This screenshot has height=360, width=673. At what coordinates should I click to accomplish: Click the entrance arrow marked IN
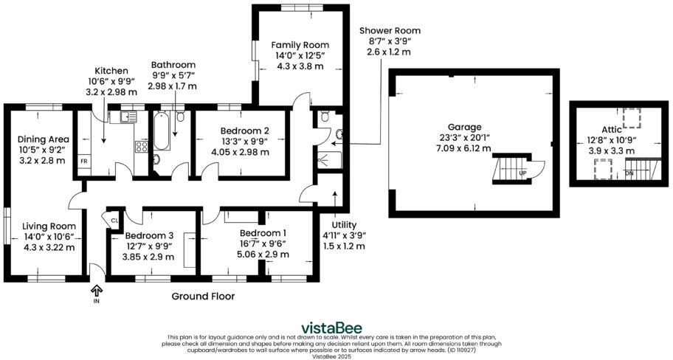click(x=96, y=293)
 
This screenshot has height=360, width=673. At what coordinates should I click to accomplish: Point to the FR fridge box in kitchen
click(x=84, y=161)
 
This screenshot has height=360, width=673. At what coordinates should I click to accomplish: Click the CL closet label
click(x=114, y=219)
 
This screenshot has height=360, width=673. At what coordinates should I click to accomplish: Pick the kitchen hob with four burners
click(x=140, y=147)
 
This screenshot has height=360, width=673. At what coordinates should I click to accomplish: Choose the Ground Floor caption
click(x=203, y=297)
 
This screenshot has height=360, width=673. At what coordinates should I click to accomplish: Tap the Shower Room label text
click(x=390, y=30)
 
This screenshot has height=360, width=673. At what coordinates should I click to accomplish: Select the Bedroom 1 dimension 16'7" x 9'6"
click(x=257, y=243)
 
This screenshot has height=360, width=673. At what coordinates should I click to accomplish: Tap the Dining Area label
click(x=44, y=139)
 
